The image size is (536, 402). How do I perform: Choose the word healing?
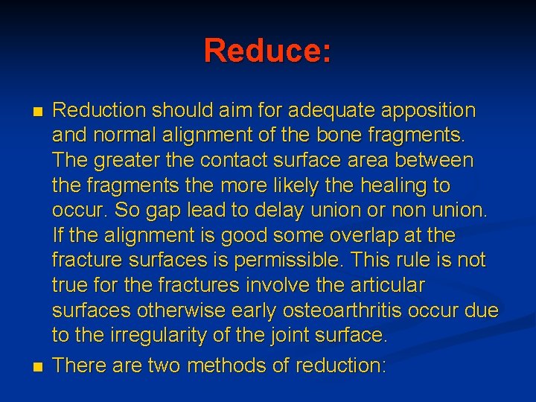tap(396, 185)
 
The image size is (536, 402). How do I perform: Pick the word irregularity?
tap(155, 336)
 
